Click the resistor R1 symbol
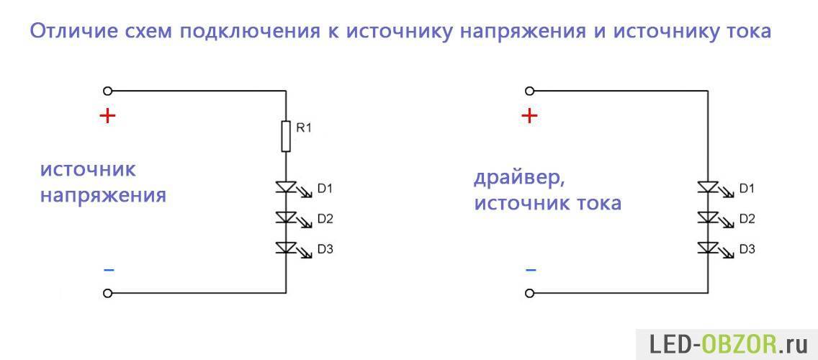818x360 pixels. point(285,136)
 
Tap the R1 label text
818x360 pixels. point(303,127)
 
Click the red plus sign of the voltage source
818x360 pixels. point(107,116)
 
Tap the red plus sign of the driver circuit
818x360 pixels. point(529,116)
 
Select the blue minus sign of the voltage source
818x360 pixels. point(109,270)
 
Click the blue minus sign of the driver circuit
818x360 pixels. point(531,270)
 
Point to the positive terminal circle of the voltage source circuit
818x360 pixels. point(107,91)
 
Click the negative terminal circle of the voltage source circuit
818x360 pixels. point(107,293)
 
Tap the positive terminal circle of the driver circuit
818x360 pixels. point(529,91)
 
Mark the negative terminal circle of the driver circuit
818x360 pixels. point(529,293)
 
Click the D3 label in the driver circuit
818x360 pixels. point(747,249)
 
